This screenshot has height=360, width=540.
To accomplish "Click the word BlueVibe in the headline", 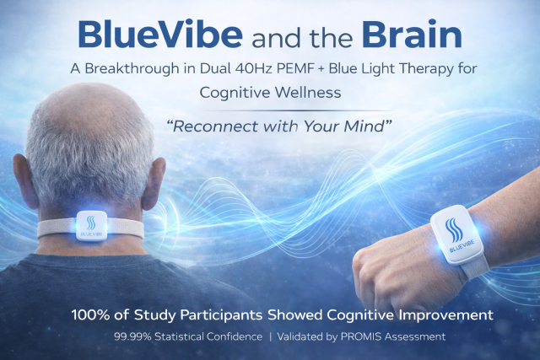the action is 160,34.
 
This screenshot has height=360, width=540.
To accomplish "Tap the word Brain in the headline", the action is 412,34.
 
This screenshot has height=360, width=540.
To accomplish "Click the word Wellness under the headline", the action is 308,92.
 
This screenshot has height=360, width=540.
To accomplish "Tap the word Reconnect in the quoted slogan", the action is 214,126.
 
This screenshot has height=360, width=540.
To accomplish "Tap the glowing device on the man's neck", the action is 91,225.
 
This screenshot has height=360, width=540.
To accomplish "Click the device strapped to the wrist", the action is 456,234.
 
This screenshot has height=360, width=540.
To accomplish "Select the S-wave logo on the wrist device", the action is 452,229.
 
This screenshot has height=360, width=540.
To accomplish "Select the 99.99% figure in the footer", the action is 132,336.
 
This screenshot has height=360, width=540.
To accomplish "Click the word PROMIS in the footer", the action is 361,336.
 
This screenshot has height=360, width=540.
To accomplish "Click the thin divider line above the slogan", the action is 295,110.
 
